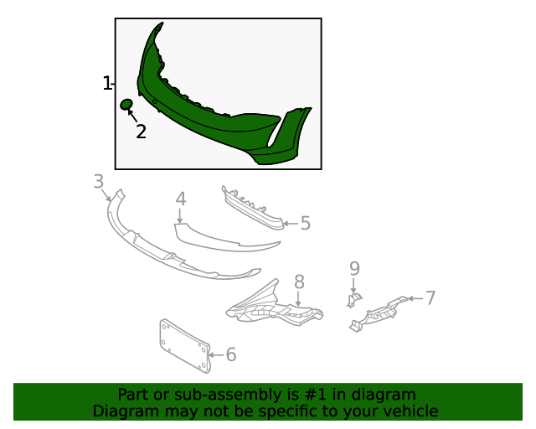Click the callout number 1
coord(107,84)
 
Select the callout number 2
coord(141,132)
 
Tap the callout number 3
coord(99,181)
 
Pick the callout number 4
coord(181,199)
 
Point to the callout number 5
coord(305,224)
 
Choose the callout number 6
coord(231,354)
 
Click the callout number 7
coord(430,298)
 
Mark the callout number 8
coord(299,282)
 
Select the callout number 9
coord(354,269)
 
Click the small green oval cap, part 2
coord(126,104)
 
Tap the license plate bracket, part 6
coord(185,346)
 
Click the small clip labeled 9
coord(353,300)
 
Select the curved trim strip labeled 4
coord(219,240)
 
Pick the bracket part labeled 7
coord(378,314)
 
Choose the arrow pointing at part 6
coord(216,355)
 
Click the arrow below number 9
coord(353,286)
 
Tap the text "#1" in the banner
coord(315,395)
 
